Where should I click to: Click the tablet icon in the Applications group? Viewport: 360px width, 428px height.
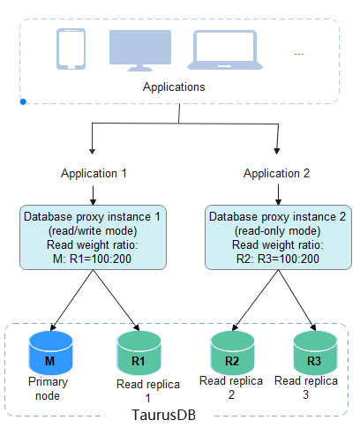click(x=71, y=49)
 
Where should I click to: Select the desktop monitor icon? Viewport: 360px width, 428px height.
click(x=140, y=50)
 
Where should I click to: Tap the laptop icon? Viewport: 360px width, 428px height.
click(x=225, y=49)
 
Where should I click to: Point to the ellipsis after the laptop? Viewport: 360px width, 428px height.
click(x=299, y=54)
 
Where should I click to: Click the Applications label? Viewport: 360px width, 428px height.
click(x=174, y=87)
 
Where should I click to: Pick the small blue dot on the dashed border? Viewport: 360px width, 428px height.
click(x=23, y=101)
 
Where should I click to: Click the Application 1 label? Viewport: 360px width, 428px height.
click(x=94, y=173)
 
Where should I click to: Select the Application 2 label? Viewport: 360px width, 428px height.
click(x=276, y=173)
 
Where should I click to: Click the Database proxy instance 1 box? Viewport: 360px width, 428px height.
click(x=93, y=237)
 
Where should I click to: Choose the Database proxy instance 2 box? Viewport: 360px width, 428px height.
click(x=278, y=237)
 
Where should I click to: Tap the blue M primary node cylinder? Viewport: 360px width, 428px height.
click(x=50, y=353)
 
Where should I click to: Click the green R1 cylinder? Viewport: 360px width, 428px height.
click(x=139, y=353)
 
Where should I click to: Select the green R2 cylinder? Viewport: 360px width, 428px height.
click(x=232, y=353)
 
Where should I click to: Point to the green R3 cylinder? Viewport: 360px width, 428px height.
click(x=315, y=353)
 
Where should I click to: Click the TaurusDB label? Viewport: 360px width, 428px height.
click(x=164, y=415)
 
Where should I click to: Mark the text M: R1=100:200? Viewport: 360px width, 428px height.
click(x=92, y=259)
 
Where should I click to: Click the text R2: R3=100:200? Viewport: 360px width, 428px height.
click(x=278, y=259)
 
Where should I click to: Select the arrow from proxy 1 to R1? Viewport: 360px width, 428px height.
click(x=116, y=300)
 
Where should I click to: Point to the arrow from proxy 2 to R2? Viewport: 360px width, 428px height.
click(x=255, y=300)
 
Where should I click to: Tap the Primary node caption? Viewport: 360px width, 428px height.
click(x=48, y=388)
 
